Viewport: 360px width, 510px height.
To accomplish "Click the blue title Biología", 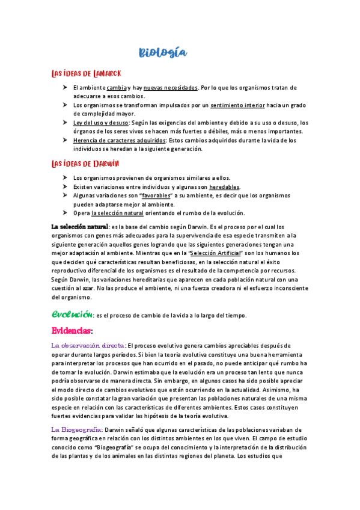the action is (163, 53).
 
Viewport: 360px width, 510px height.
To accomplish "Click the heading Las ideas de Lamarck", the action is (87, 73).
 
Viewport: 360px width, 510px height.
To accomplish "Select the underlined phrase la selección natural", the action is (117, 213).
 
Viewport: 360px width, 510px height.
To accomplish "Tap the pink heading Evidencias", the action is (71, 331).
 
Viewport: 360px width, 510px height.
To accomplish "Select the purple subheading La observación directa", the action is (88, 345).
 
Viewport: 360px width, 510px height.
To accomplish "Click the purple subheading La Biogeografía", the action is (77, 429).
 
